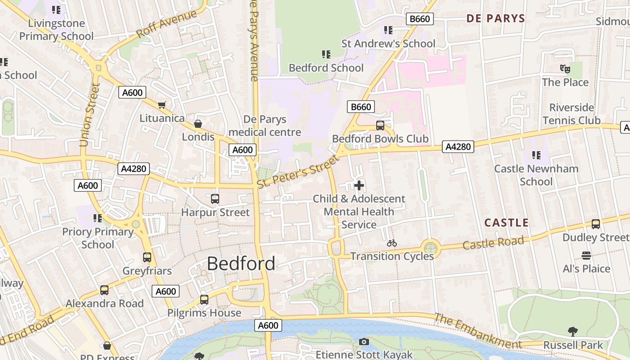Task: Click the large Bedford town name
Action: pos(241,264)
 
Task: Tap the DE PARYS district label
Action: pos(495,18)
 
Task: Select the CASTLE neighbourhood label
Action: pos(506,223)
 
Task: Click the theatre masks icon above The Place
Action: pos(565,69)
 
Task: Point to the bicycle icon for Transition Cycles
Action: pos(392,243)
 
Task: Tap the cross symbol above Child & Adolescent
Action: pos(359,185)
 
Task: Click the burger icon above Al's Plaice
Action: pos(586,256)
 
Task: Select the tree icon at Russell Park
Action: pos(573,332)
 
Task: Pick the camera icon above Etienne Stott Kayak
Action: pos(364,342)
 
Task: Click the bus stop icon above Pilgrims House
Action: pos(204,299)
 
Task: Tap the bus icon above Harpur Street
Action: pos(215,198)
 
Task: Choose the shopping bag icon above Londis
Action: pos(198,124)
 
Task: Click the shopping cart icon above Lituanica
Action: pos(162,105)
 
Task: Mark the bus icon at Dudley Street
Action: pos(596,224)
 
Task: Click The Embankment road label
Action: pos(478,331)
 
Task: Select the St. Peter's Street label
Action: pos(297,172)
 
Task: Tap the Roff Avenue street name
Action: pos(166,23)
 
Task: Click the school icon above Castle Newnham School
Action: pos(536,155)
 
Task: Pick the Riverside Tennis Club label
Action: pos(571,114)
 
